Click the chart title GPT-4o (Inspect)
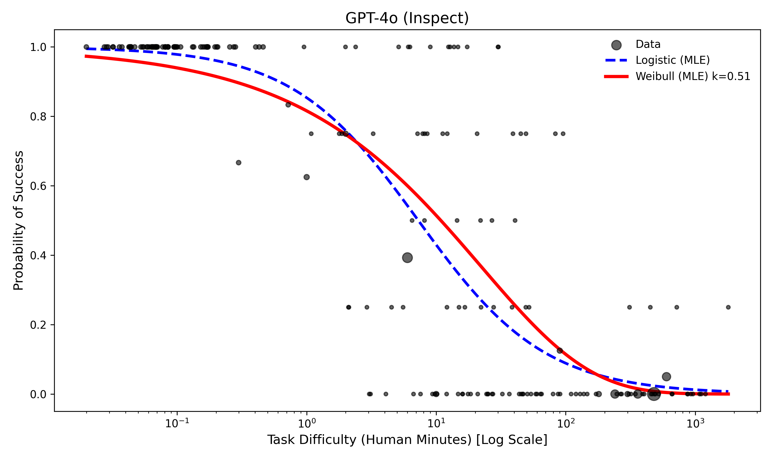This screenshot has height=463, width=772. [x=407, y=18]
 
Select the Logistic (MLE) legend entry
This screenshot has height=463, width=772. [x=672, y=60]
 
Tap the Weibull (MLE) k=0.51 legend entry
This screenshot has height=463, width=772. [x=692, y=76]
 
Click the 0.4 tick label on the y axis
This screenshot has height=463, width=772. [x=38, y=255]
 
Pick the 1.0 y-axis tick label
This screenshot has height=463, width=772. [x=38, y=47]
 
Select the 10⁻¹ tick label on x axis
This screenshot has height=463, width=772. [x=177, y=424]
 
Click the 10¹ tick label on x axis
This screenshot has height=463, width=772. [x=436, y=424]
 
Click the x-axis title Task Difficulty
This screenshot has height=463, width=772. [x=407, y=440]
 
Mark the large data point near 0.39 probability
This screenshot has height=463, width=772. [x=407, y=258]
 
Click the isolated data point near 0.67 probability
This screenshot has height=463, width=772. [x=238, y=163]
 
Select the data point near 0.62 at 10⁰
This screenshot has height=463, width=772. [x=306, y=177]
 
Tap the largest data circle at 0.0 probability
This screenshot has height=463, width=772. [x=654, y=394]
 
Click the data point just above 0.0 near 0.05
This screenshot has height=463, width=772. [x=666, y=377]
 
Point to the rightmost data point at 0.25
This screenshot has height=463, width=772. [x=728, y=307]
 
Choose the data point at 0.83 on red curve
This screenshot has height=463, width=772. [x=288, y=105]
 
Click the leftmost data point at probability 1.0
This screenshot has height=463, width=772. [x=86, y=47]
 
